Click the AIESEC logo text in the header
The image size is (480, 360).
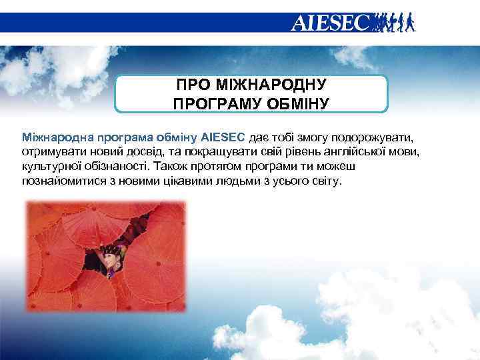tap(329, 23)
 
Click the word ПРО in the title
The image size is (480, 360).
tap(193, 85)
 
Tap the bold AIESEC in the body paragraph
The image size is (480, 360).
tap(223, 138)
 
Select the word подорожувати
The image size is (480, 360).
tap(375, 138)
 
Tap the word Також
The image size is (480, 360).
tap(172, 167)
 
